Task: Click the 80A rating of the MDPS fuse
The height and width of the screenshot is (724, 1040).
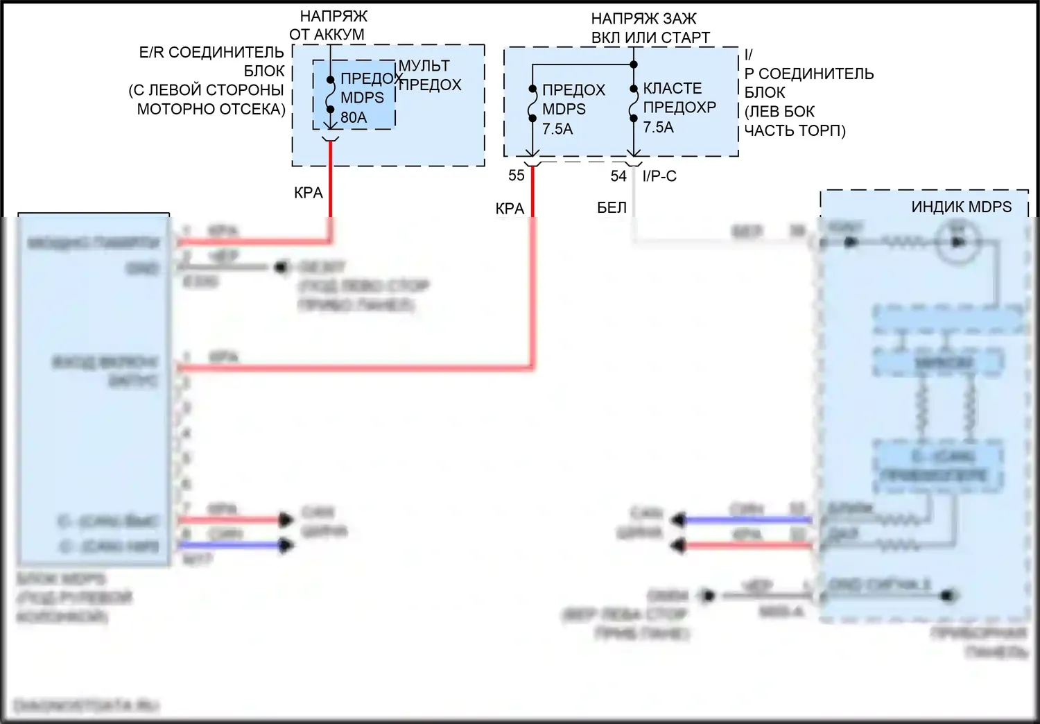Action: [x=354, y=118]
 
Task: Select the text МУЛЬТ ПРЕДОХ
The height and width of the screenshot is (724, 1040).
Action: [x=430, y=75]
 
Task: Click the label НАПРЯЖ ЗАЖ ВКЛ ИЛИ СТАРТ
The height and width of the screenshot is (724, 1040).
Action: [x=650, y=28]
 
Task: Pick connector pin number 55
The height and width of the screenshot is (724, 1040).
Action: [x=517, y=175]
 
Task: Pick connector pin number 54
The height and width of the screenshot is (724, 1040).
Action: [x=618, y=176]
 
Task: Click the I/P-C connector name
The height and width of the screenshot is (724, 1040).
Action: [x=659, y=176]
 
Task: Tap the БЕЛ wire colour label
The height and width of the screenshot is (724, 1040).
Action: [x=612, y=207]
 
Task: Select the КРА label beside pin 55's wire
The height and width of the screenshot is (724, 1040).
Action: [x=510, y=208]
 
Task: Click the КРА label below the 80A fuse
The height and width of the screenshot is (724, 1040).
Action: [x=309, y=193]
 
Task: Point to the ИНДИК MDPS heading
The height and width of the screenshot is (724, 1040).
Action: [x=961, y=207]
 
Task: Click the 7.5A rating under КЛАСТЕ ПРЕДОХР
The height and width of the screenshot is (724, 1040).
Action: [x=658, y=128]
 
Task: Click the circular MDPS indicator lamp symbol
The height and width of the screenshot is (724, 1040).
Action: [x=958, y=242]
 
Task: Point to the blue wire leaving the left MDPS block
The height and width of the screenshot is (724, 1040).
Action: [x=229, y=545]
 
